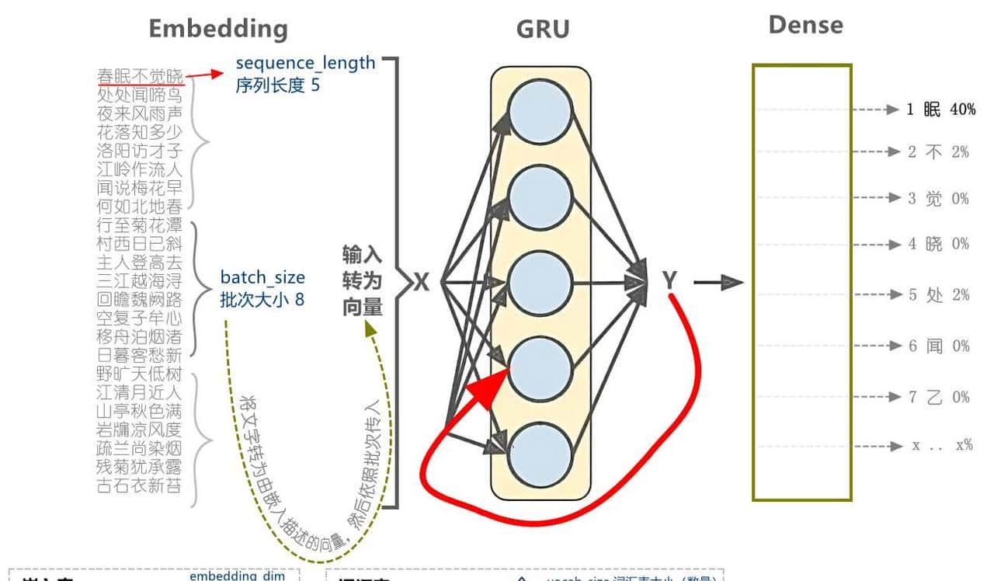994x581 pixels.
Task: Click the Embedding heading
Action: pos(218,29)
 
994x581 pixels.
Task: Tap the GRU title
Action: pos(543,30)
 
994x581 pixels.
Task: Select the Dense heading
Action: pos(805,25)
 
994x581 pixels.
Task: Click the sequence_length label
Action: pos(305,63)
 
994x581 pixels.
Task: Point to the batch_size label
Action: pos(262,277)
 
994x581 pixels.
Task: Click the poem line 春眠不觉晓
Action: pos(141,76)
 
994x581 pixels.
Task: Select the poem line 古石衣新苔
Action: pos(139,487)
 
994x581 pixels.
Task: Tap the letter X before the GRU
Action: pos(421,281)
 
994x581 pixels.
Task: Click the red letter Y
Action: pos(670,281)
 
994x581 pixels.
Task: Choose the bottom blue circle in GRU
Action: pos(541,454)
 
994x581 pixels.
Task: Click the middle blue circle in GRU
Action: pos(541,282)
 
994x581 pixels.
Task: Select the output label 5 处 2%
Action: pos(939,295)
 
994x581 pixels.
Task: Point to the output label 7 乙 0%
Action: pos(939,397)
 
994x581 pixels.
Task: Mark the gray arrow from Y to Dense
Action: pos(718,282)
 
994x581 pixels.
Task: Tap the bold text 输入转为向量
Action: pos(363,281)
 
